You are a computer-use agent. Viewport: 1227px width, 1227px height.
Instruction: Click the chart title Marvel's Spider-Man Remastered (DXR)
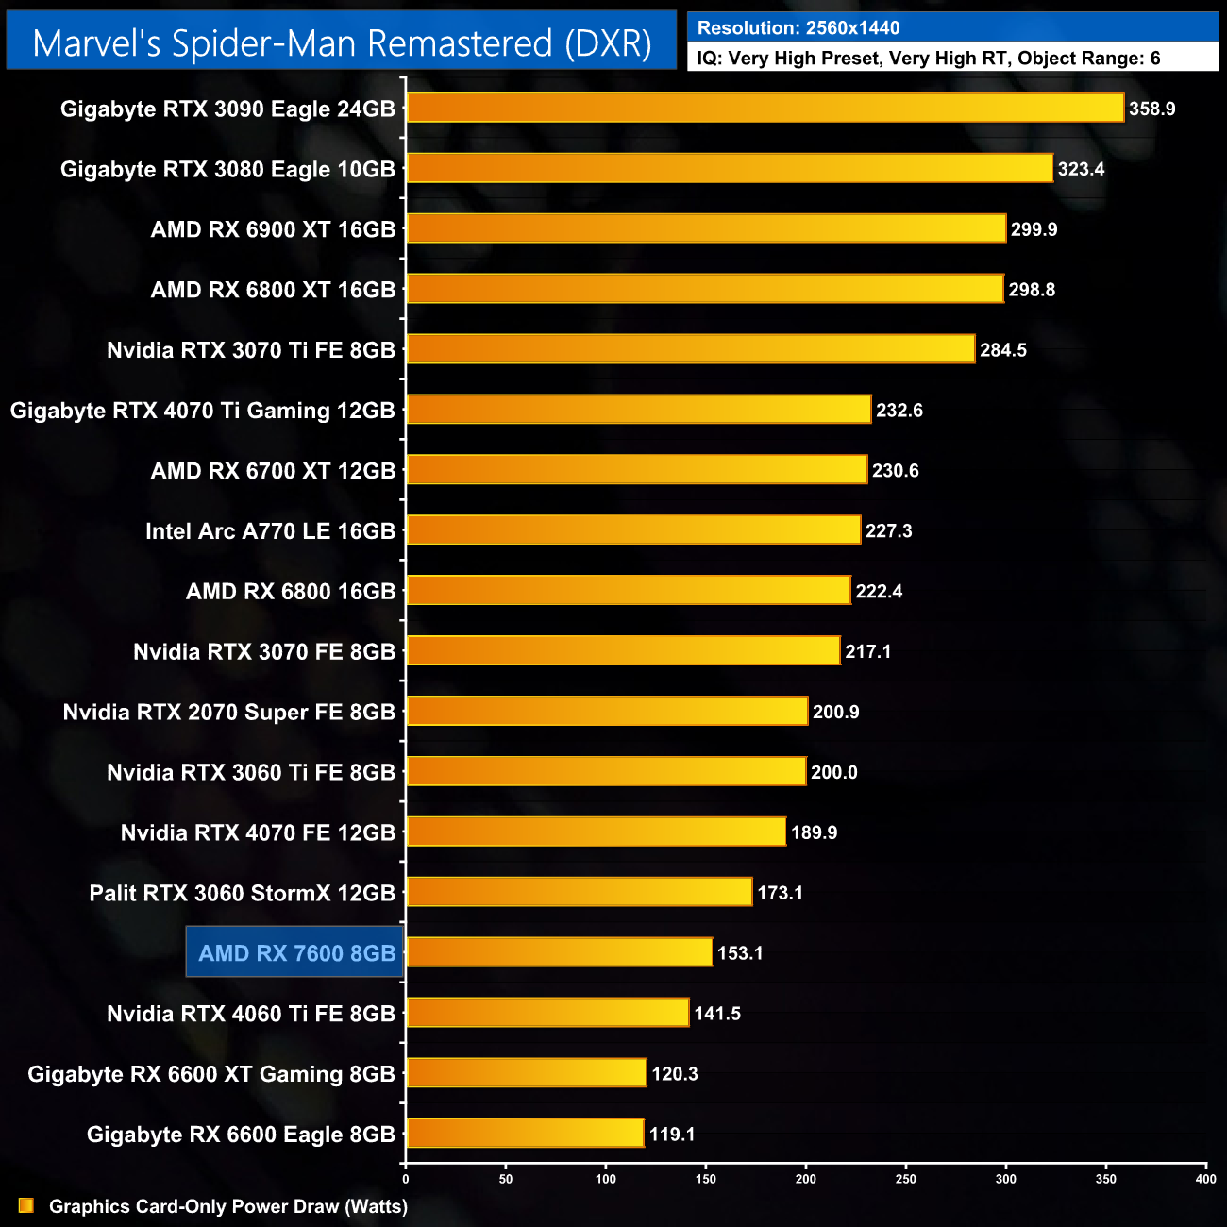(342, 43)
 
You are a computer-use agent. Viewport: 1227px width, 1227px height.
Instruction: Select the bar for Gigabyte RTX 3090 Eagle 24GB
(765, 109)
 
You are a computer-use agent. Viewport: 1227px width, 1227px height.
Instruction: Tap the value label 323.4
(1081, 169)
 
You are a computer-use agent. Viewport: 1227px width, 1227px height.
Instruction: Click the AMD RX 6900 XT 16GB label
(273, 229)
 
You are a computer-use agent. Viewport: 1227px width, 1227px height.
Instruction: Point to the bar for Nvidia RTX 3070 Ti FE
(690, 349)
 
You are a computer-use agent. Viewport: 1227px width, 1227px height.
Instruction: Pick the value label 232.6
(899, 411)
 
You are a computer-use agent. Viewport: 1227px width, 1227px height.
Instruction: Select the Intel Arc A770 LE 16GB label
(270, 531)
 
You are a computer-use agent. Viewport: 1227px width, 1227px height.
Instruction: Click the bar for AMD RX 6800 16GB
(628, 591)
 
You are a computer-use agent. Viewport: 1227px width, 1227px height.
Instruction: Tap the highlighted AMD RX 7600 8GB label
(296, 953)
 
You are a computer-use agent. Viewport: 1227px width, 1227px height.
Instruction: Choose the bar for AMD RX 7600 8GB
(559, 952)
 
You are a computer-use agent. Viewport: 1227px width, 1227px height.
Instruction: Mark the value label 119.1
(672, 1134)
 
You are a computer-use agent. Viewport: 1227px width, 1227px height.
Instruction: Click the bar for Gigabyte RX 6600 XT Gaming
(526, 1073)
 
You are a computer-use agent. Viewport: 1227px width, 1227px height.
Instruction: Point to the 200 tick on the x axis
(806, 1178)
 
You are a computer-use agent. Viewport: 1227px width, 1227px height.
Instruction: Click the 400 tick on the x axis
(1205, 1178)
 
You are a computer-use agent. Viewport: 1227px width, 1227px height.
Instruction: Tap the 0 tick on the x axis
(406, 1178)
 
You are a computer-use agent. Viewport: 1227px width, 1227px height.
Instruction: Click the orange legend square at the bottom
(25, 1205)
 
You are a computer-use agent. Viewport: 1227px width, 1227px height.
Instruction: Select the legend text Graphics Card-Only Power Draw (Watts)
(228, 1206)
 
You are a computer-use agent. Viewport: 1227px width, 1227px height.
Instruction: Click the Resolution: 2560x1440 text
(798, 28)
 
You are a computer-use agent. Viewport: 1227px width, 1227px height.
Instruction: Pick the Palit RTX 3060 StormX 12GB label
(242, 893)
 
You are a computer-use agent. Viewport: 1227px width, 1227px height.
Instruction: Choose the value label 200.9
(835, 712)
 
